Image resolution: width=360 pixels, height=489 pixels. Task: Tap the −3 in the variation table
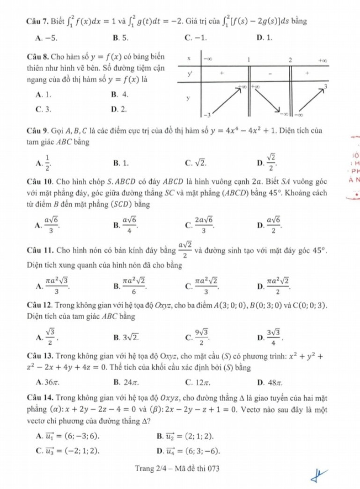(x=205, y=115)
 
